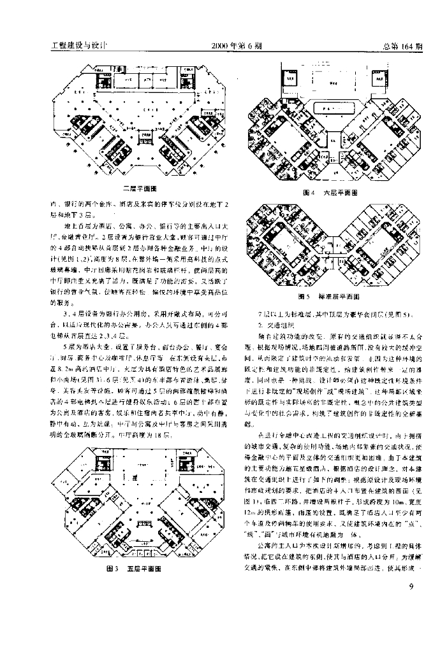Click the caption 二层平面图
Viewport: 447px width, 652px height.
point(140,189)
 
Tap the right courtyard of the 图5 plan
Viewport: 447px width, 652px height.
point(374,244)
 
